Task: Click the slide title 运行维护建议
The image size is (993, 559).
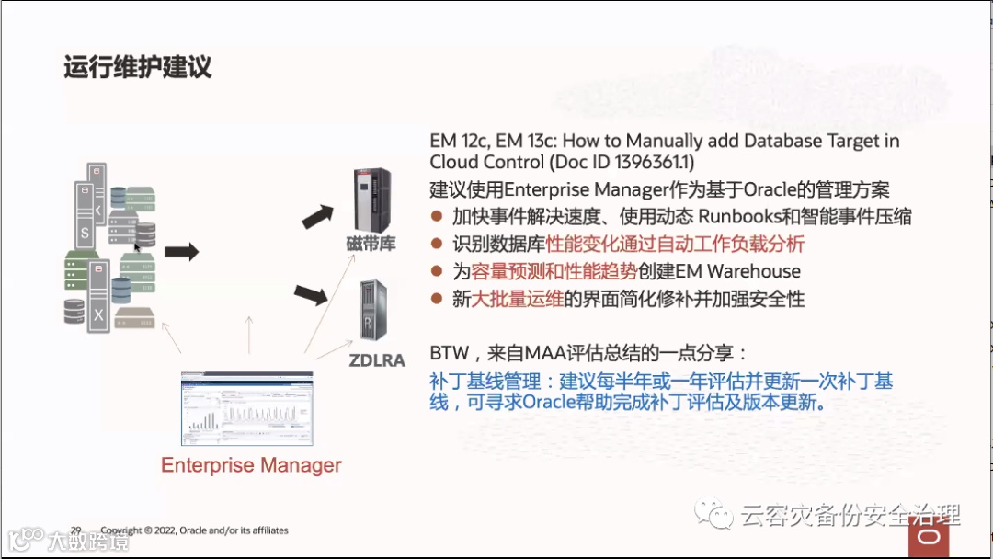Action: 138,67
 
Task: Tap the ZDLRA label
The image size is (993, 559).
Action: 377,360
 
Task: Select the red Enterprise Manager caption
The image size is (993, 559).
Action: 251,465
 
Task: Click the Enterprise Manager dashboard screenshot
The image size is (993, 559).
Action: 246,408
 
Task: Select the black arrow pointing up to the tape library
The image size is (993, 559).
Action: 319,215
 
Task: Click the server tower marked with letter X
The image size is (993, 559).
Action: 98,303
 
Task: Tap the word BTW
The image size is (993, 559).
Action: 447,353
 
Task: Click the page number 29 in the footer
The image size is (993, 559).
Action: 76,530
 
